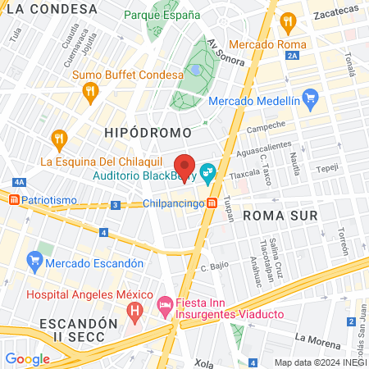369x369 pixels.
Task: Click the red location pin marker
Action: point(184,165)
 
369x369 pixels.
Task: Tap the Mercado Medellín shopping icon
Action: point(310,101)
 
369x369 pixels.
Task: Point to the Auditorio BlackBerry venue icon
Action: point(208,175)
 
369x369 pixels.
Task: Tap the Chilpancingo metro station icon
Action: point(212,203)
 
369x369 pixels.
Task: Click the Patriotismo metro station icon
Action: point(13,199)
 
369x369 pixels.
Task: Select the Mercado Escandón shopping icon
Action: point(34,263)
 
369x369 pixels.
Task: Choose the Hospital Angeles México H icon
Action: point(135,312)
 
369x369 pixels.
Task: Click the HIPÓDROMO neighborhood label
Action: point(148,132)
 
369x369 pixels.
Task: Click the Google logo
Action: point(27,358)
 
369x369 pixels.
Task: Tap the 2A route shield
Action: point(294,56)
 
